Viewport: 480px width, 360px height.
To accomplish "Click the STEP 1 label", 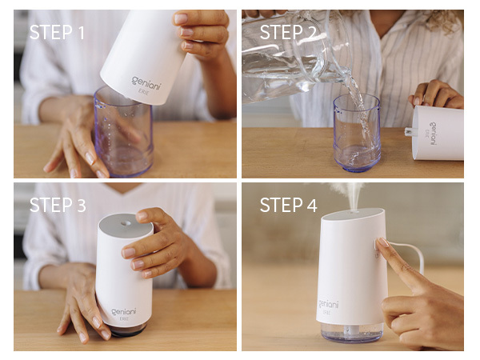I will click(x=57, y=33).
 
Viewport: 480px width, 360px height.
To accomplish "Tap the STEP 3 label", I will click(x=58, y=206).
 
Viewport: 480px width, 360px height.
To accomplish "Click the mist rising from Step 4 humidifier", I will click(x=351, y=194).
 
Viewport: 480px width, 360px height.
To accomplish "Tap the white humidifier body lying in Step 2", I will click(x=438, y=132).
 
